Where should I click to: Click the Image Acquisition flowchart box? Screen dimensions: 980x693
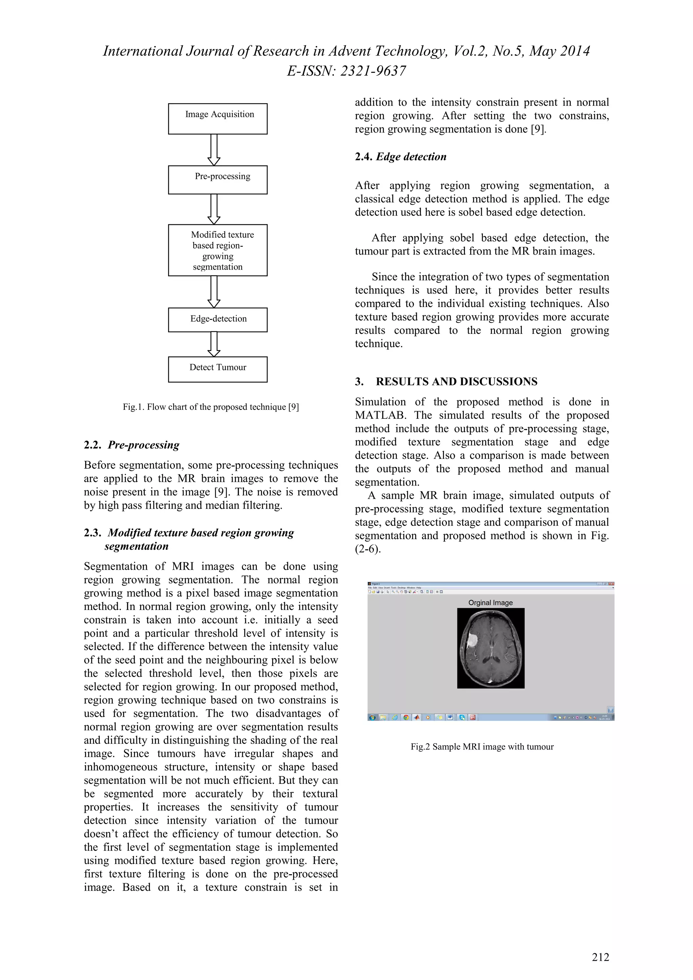tap(218, 119)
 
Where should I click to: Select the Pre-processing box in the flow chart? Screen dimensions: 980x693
tap(218, 180)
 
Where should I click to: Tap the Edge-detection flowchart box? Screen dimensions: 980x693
tap(218, 319)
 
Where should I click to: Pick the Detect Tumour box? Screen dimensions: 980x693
tap(218, 369)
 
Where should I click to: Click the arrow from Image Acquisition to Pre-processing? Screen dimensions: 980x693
tap(214, 150)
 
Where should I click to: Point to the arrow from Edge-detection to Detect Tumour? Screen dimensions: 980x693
tap(214, 344)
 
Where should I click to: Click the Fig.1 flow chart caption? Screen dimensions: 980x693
tap(210, 407)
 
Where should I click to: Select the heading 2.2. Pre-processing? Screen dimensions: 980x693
tap(132, 445)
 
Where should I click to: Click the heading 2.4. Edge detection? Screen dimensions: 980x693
tap(401, 157)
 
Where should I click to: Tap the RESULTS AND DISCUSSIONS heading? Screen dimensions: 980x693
tap(456, 381)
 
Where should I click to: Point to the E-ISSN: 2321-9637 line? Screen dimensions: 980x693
tap(346, 71)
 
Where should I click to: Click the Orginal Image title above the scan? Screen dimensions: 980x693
tap(490, 603)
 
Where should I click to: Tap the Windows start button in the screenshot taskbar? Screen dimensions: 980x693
tap(372, 718)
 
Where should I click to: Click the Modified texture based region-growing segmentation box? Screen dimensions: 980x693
tap(218, 250)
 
